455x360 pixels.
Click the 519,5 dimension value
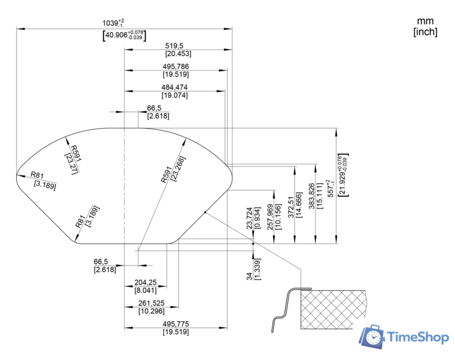tap(174, 46)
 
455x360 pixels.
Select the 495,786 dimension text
tap(175, 66)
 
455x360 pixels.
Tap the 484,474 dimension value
tap(174, 87)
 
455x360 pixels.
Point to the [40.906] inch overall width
tap(124, 35)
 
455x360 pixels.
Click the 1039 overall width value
tap(113, 22)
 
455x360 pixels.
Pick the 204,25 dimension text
tap(145, 282)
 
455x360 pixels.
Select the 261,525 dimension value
tap(151, 303)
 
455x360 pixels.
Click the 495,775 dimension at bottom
tap(175, 323)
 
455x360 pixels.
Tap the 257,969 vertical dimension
tap(270, 217)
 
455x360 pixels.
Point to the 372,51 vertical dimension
tap(291, 207)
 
